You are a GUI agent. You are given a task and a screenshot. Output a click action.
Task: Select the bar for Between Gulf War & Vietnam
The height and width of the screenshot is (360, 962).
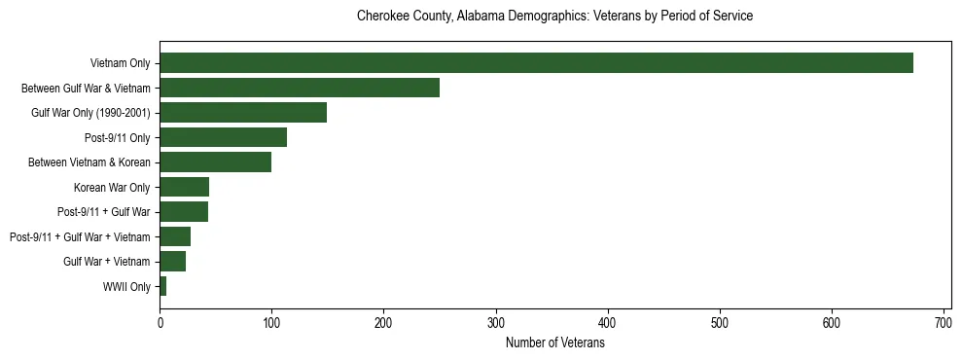pyautogui.click(x=300, y=88)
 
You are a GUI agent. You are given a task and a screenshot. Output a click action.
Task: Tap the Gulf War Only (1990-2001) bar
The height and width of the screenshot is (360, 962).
pyautogui.click(x=243, y=113)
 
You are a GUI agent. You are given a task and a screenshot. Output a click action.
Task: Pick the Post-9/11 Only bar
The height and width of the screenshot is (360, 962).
pyautogui.click(x=223, y=137)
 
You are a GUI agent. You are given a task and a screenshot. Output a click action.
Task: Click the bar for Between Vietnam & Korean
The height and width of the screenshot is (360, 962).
pyautogui.click(x=215, y=162)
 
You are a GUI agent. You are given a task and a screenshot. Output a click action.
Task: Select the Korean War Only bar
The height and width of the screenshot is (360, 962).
pyautogui.click(x=184, y=187)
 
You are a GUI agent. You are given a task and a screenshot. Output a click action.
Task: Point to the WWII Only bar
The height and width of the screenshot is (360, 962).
pyautogui.click(x=163, y=286)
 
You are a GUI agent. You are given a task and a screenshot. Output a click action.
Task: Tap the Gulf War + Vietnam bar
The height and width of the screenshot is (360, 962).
pyautogui.click(x=172, y=261)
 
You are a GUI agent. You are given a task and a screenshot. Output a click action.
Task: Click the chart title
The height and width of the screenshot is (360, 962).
pyautogui.click(x=554, y=17)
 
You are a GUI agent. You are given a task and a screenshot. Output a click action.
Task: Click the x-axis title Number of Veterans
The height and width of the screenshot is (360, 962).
pyautogui.click(x=554, y=343)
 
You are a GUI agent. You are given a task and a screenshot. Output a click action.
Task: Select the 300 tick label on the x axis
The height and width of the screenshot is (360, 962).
pyautogui.click(x=496, y=323)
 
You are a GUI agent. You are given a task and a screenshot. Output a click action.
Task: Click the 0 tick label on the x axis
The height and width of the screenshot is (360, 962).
pyautogui.click(x=160, y=323)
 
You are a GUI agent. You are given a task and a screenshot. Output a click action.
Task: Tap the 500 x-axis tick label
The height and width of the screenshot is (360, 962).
pyautogui.click(x=720, y=323)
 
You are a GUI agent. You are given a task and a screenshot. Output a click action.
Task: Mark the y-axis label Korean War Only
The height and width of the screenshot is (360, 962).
pyautogui.click(x=112, y=187)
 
